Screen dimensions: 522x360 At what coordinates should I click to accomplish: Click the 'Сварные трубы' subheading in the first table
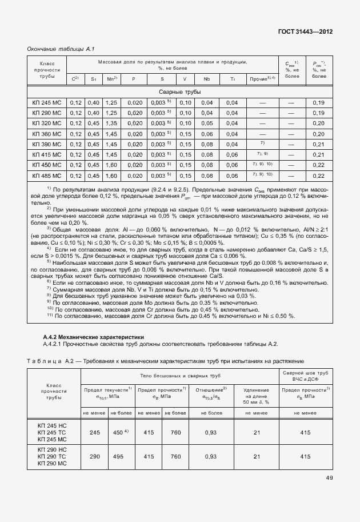179,92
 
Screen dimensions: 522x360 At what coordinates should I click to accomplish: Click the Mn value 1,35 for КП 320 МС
111,123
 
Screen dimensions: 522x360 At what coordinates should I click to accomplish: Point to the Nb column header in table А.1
207,79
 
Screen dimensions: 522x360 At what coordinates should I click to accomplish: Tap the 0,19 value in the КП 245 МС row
319,103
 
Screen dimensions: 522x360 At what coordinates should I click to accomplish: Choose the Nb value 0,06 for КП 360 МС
207,134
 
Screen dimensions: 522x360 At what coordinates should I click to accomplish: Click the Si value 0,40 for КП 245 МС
94,103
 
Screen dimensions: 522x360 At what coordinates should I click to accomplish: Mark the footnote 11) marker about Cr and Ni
49,315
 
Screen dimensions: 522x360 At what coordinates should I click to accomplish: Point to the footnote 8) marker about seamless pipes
49,296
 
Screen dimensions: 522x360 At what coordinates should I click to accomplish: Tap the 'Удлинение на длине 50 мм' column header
257,395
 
